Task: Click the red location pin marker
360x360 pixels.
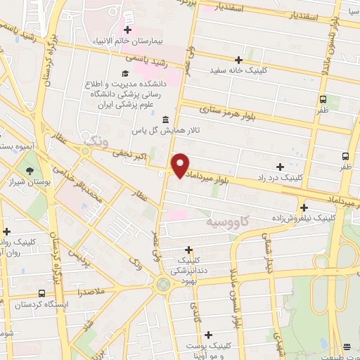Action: click(x=180, y=164)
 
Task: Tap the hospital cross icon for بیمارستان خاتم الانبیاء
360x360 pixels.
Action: click(x=127, y=30)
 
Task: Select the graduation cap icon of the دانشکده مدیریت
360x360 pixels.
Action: click(x=125, y=74)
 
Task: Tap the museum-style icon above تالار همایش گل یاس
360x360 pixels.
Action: click(x=165, y=119)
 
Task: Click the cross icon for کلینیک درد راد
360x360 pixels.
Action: click(x=281, y=167)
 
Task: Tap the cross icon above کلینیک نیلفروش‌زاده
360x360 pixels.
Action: click(x=304, y=207)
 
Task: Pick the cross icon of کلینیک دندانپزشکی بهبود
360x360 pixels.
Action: click(x=188, y=250)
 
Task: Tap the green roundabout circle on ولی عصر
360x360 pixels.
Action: click(x=164, y=284)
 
